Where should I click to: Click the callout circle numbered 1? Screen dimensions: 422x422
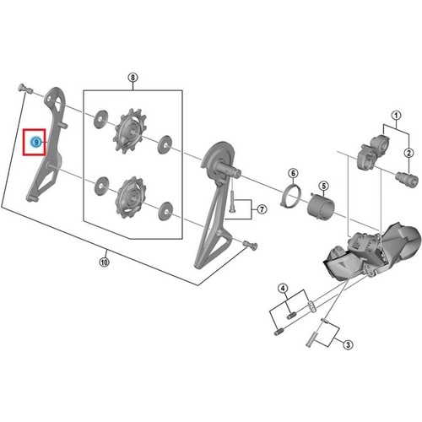tap(396, 116)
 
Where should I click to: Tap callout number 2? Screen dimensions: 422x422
tap(408, 153)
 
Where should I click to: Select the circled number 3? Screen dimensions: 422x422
tap(348, 344)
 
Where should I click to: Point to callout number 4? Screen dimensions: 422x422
tap(283, 288)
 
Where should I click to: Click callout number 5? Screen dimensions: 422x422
tap(324, 186)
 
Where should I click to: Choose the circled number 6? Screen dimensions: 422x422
tap(293, 173)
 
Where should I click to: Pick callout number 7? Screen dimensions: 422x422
tap(262, 209)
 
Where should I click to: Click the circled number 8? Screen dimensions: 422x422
tap(133, 78)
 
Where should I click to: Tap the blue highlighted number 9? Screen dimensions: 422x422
tap(36, 143)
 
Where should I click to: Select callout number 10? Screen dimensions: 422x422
tap(104, 262)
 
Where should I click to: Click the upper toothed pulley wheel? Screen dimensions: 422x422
tap(130, 131)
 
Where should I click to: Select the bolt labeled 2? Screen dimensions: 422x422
tap(407, 179)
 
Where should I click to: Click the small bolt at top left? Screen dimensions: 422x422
tap(25, 89)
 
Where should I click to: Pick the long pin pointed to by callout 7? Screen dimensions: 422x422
tap(231, 202)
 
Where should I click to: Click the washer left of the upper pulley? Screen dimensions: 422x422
tap(100, 119)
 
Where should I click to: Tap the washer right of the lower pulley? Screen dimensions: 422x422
tap(165, 211)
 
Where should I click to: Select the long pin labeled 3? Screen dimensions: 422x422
tap(311, 339)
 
